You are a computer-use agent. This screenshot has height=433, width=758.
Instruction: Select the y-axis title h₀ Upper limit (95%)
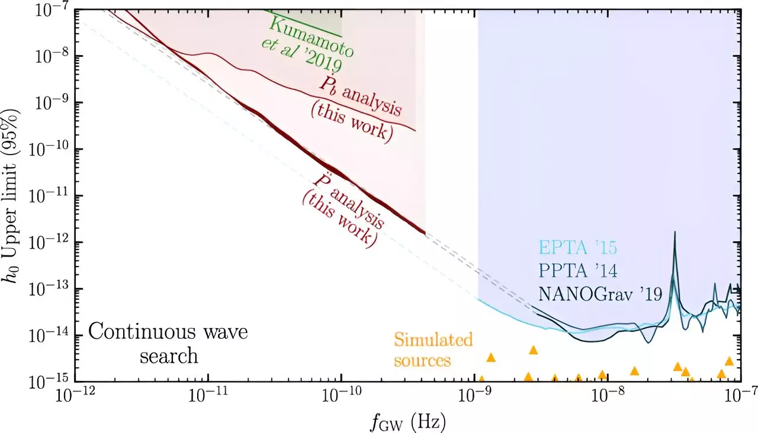(16, 195)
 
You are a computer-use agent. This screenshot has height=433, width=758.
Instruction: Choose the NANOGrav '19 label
(600, 293)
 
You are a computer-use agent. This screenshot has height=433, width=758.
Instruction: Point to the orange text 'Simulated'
(433, 340)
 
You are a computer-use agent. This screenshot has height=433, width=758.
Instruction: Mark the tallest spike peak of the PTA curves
(675, 233)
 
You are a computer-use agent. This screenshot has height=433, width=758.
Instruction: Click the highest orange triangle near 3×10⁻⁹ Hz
(533, 350)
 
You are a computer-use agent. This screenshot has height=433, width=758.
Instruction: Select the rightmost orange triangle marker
(729, 361)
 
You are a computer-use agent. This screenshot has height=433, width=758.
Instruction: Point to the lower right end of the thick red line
(425, 233)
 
